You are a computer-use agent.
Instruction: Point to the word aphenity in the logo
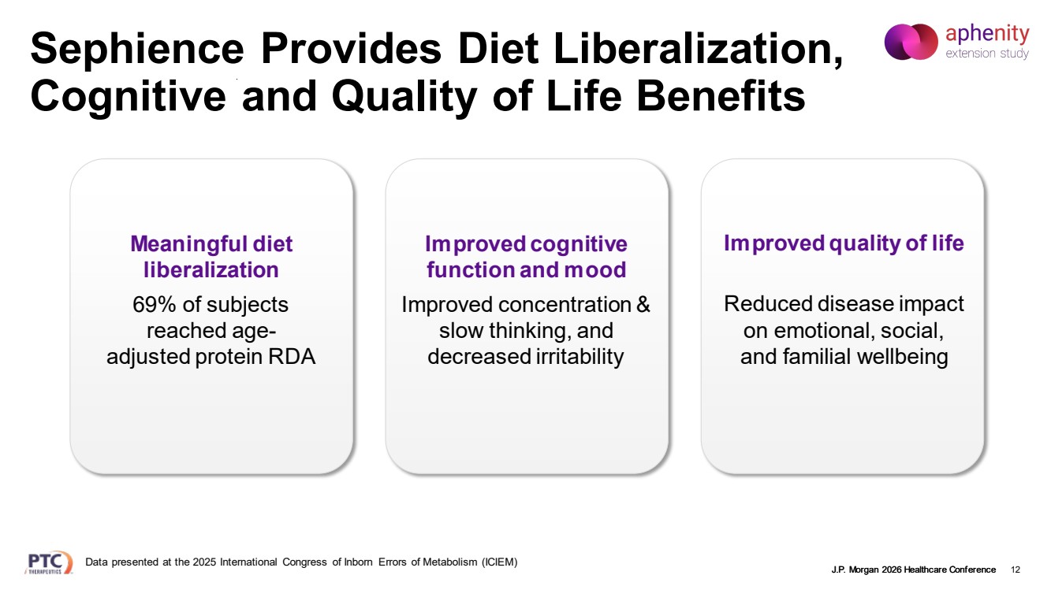tap(987, 34)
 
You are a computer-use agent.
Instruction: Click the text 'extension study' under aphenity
tap(987, 54)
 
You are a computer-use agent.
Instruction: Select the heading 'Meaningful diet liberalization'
tap(211, 257)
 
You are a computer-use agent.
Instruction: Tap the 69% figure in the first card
tap(156, 304)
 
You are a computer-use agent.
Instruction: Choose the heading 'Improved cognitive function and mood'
tap(526, 257)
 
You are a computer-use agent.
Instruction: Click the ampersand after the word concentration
tap(643, 304)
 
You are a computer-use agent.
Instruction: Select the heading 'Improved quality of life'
tap(844, 243)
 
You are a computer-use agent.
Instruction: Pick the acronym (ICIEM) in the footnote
tap(499, 562)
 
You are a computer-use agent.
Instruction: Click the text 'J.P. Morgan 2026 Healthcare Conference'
tap(913, 570)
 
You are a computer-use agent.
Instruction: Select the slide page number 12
tap(1015, 570)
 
